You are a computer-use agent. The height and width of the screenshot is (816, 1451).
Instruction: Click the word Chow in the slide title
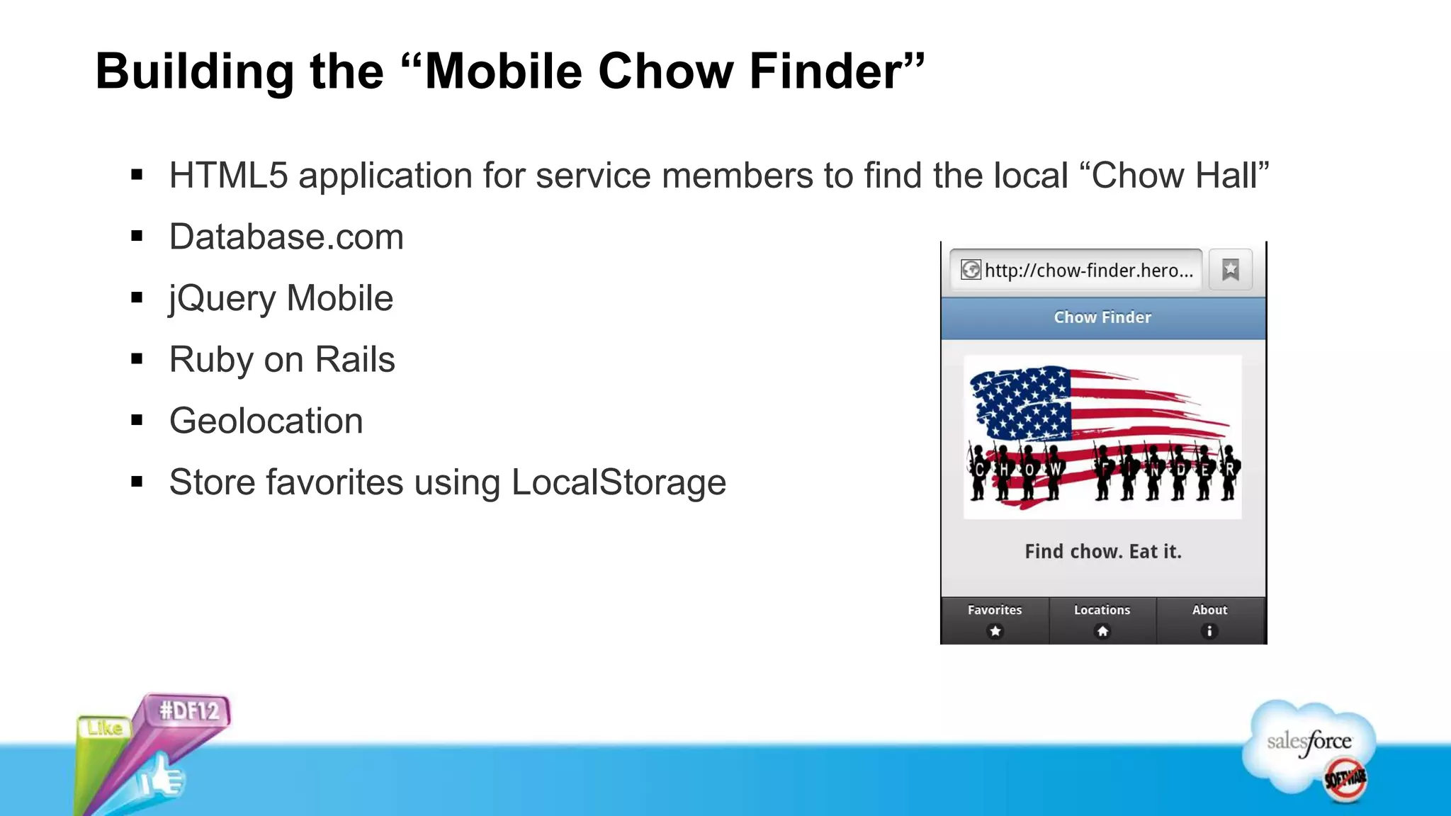tap(665, 72)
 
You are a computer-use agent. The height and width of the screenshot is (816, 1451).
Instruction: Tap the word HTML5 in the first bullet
tap(228, 176)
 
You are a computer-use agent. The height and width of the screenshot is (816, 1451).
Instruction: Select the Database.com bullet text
tap(286, 237)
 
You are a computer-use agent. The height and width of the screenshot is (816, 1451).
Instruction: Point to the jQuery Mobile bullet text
tap(281, 298)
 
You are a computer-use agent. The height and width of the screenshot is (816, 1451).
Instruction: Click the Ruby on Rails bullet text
tap(282, 360)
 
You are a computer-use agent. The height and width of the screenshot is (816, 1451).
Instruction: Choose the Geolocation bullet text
tap(266, 421)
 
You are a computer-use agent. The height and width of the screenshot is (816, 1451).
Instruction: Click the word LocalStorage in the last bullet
tap(619, 483)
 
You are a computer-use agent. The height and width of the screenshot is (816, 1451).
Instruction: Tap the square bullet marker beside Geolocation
tap(137, 421)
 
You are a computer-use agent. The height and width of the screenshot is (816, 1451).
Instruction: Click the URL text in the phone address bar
tap(1088, 271)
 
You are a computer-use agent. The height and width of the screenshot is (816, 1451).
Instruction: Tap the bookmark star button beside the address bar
tap(1231, 270)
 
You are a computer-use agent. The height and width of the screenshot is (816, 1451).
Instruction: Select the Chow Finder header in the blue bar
tap(1102, 317)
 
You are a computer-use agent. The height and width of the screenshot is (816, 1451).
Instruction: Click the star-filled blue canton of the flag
tap(1021, 402)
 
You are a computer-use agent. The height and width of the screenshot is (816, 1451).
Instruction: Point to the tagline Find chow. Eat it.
tap(1103, 552)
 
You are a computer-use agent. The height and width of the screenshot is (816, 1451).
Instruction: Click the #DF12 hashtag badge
tap(189, 710)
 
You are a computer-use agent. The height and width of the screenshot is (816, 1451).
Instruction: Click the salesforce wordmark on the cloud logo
tap(1309, 742)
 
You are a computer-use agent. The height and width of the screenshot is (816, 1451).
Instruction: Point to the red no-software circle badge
tap(1345, 779)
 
